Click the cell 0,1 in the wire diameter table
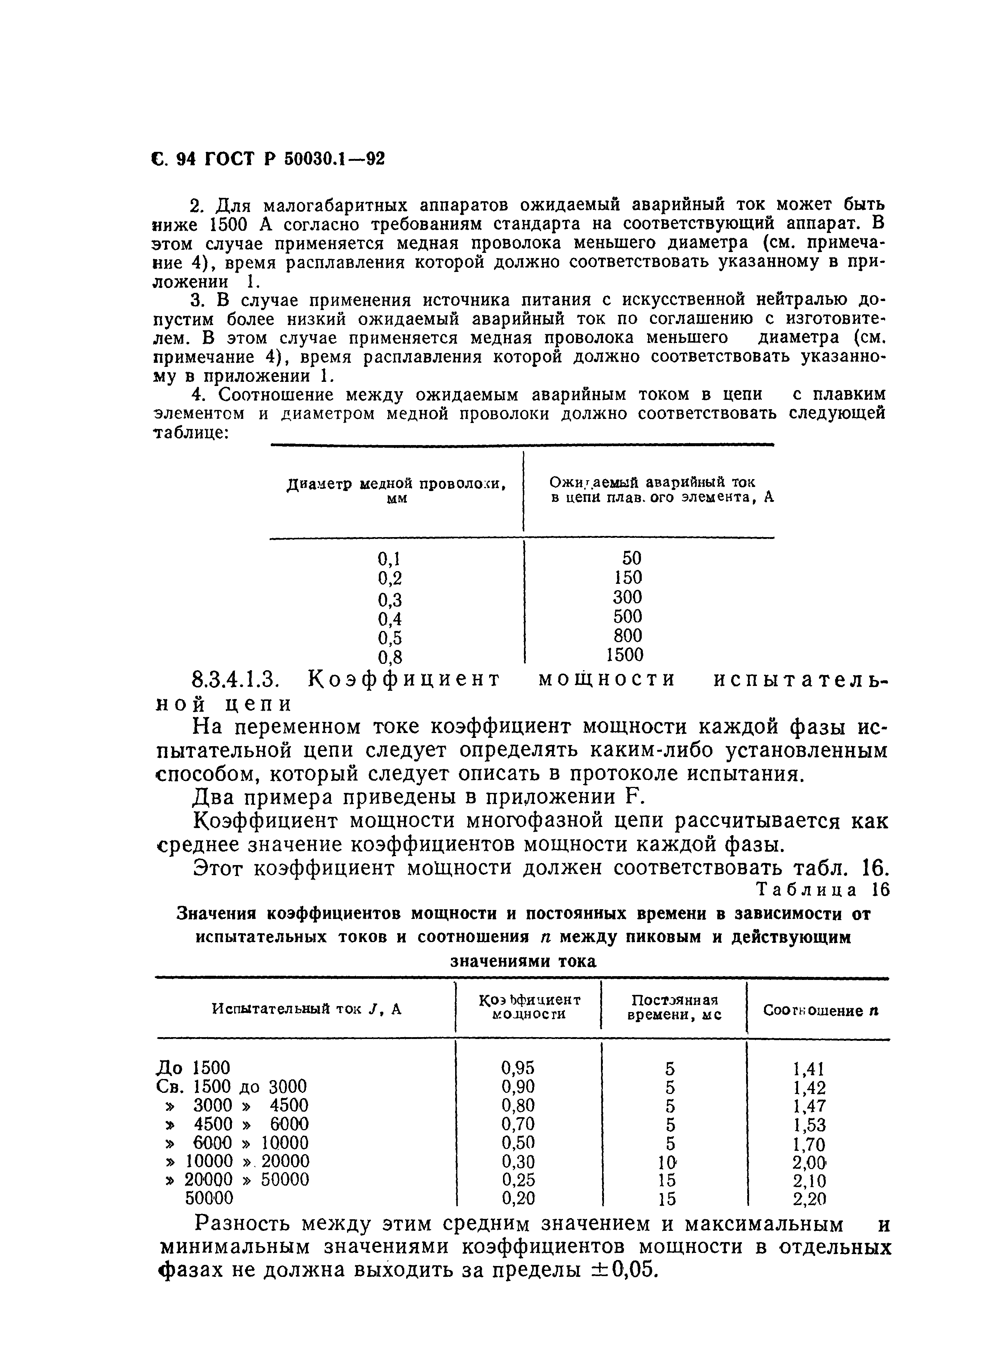click(389, 558)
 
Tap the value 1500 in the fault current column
click(625, 655)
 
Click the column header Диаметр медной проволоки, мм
click(396, 490)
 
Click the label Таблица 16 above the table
click(823, 890)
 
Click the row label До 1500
click(193, 1067)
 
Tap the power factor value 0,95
click(518, 1067)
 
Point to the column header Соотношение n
click(820, 1011)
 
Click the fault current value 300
click(627, 597)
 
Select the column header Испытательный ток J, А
click(307, 1009)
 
